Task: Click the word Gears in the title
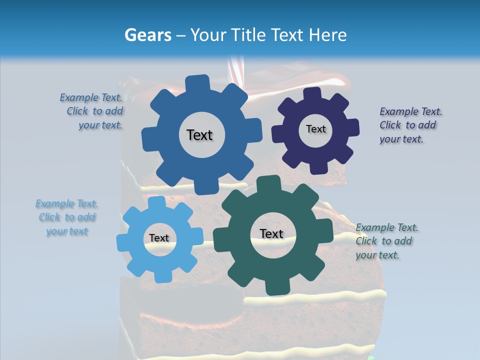coord(147,35)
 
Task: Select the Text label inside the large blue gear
coord(199,135)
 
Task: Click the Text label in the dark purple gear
coord(315,129)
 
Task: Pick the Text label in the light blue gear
coord(159,238)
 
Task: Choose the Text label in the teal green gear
coord(271,233)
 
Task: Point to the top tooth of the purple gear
coord(312,94)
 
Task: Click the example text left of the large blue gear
coord(95,111)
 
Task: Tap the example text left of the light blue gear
coord(67,217)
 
